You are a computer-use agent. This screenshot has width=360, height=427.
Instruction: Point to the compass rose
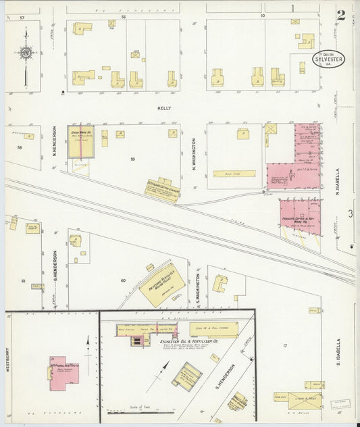point(26,53)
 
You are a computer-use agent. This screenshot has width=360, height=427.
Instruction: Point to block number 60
point(123,279)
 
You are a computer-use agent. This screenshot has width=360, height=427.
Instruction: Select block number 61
point(22,280)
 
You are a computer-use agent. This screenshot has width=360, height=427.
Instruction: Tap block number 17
point(285,345)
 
